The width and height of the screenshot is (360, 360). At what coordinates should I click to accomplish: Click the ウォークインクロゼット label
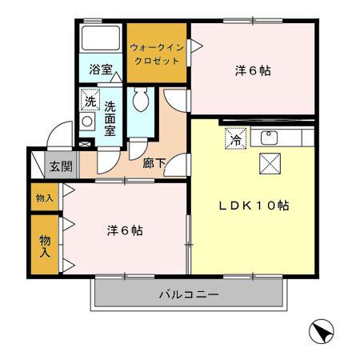[x=158, y=54]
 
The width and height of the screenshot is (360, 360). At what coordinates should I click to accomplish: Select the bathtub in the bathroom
[x=102, y=40]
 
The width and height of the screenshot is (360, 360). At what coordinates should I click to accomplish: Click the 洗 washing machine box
[x=90, y=101]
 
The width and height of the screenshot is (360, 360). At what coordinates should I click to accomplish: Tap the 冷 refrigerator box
[x=236, y=138]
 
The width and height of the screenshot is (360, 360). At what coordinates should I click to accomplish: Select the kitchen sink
[x=269, y=138]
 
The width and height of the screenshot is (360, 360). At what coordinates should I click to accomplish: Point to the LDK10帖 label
[x=254, y=205]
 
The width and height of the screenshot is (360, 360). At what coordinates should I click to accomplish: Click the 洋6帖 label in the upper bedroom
[x=252, y=70]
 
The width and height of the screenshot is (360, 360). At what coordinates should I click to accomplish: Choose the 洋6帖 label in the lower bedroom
[x=125, y=230]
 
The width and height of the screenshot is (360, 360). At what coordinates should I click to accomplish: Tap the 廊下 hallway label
[x=154, y=163]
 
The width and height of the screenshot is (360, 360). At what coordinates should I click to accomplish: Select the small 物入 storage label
[x=44, y=198]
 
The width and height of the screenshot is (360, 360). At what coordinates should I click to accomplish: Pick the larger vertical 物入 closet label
[x=45, y=246]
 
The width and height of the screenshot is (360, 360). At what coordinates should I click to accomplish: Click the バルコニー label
[x=189, y=294]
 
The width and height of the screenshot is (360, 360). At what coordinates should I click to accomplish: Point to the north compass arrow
[x=319, y=330]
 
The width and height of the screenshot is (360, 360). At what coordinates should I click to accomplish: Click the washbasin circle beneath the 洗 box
[x=88, y=122]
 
